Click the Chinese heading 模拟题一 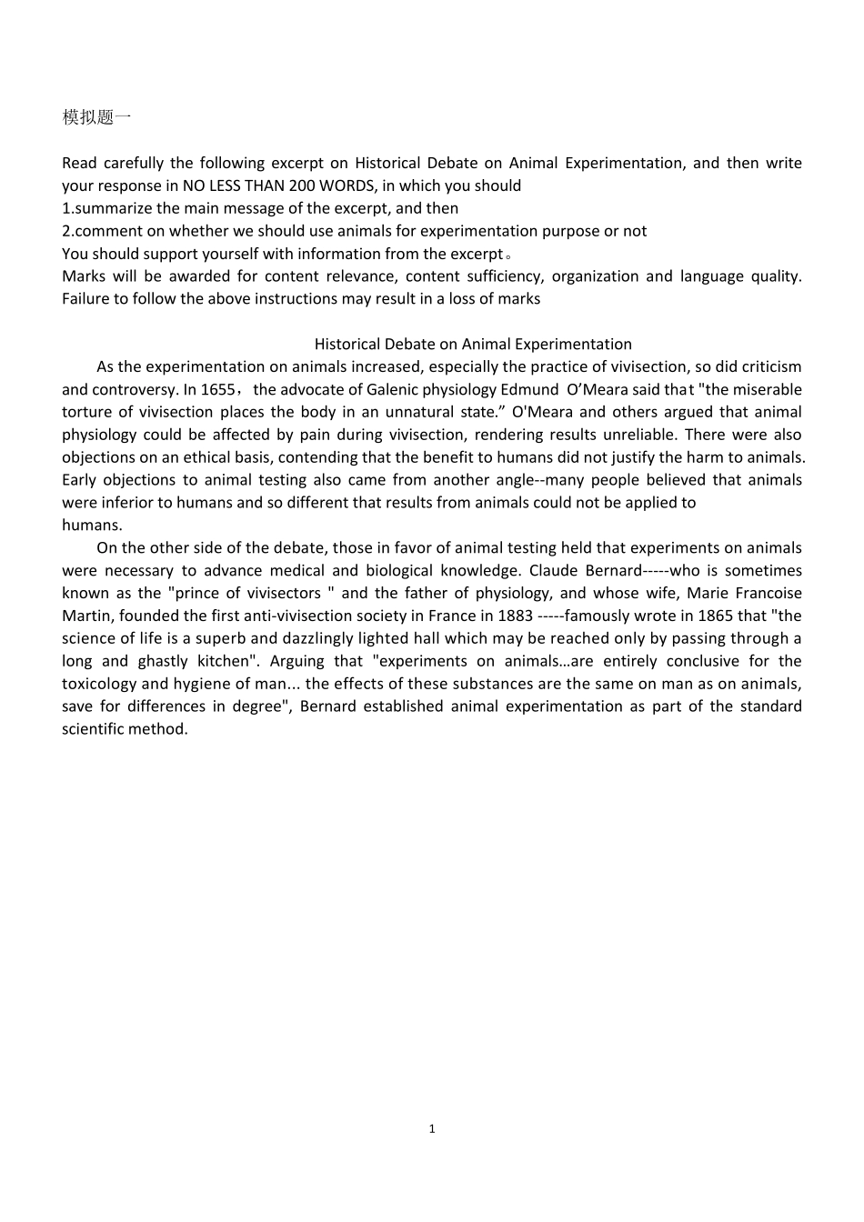[x=96, y=117]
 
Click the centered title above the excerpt [x=473, y=344]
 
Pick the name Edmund [x=529, y=389]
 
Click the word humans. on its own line [x=92, y=525]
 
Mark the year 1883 [x=515, y=616]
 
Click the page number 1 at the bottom [x=432, y=1128]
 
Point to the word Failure [x=89, y=298]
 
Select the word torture [x=89, y=412]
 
